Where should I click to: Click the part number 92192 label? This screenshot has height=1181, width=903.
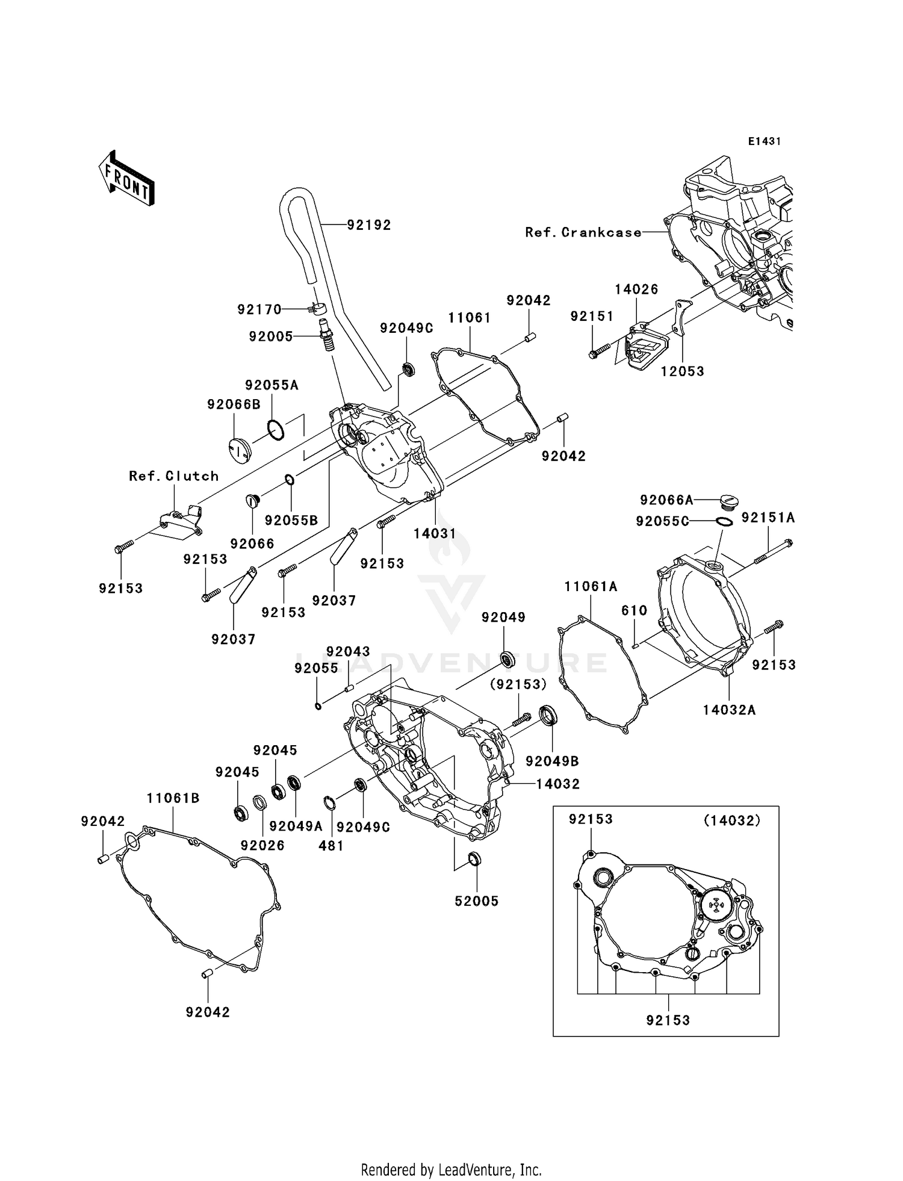pyautogui.click(x=368, y=225)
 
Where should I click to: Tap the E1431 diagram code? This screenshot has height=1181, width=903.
pyautogui.click(x=765, y=141)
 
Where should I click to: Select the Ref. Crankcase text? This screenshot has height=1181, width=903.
pyautogui.click(x=583, y=232)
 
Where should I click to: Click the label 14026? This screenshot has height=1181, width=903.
pyautogui.click(x=636, y=290)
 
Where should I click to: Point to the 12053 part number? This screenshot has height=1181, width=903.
pyautogui.click(x=682, y=371)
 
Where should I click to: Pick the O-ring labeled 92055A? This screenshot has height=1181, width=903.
pyautogui.click(x=276, y=430)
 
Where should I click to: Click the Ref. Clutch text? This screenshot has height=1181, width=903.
pyautogui.click(x=173, y=476)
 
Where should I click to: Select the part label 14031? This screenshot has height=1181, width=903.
pyautogui.click(x=435, y=533)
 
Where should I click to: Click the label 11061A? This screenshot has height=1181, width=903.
pyautogui.click(x=591, y=586)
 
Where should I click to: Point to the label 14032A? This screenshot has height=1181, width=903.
pyautogui.click(x=729, y=710)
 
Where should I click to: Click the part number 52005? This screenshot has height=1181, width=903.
pyautogui.click(x=476, y=901)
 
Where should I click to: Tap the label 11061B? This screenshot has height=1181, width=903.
pyautogui.click(x=173, y=798)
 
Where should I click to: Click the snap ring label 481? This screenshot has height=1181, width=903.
pyautogui.click(x=330, y=846)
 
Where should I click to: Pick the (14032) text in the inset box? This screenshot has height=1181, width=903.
pyautogui.click(x=732, y=820)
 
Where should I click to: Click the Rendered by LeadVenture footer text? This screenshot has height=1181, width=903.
pyautogui.click(x=451, y=1170)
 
